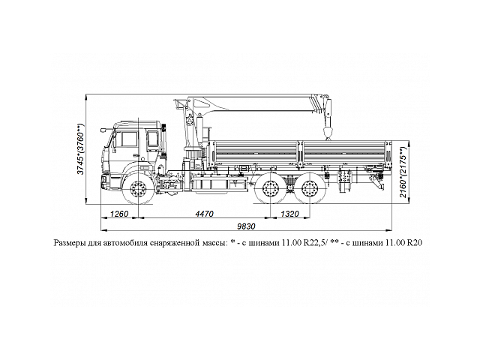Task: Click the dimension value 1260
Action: pos(121,214)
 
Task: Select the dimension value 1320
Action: pos(291,214)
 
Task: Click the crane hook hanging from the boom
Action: pos(327,133)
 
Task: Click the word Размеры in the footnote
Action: pos(72,243)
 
